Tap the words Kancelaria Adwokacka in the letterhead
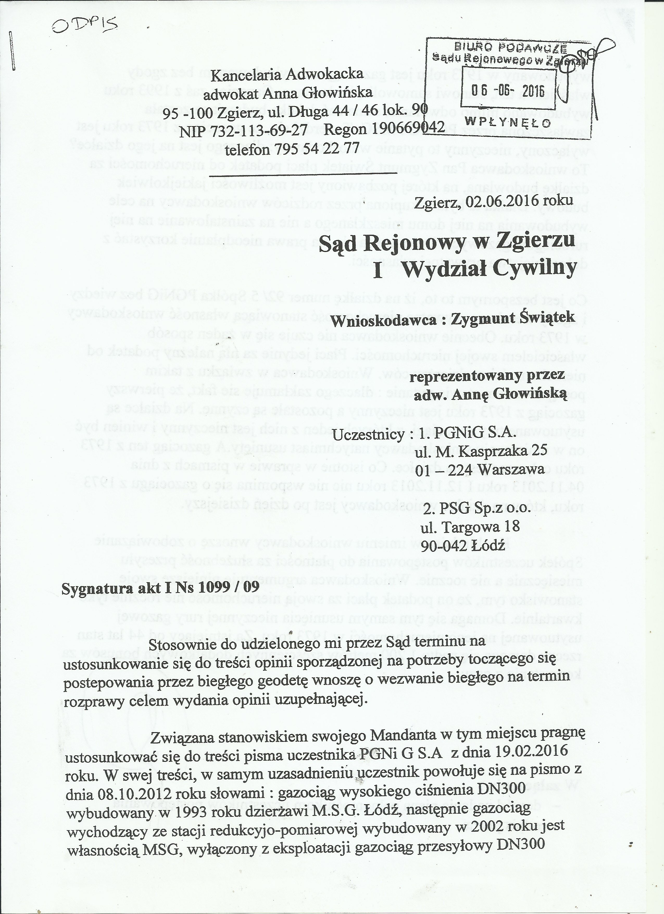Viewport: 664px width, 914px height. [x=287, y=75]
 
